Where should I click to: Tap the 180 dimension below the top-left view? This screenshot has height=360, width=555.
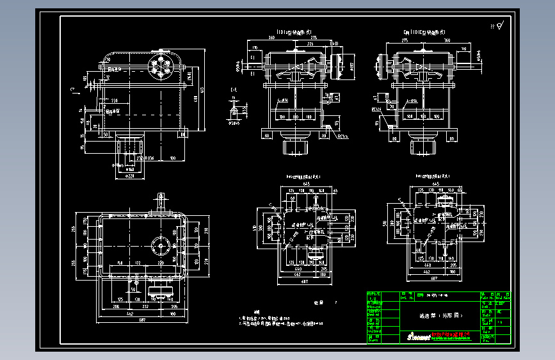coord(172,157)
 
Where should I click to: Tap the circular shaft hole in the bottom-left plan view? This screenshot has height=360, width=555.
coord(159,245)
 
